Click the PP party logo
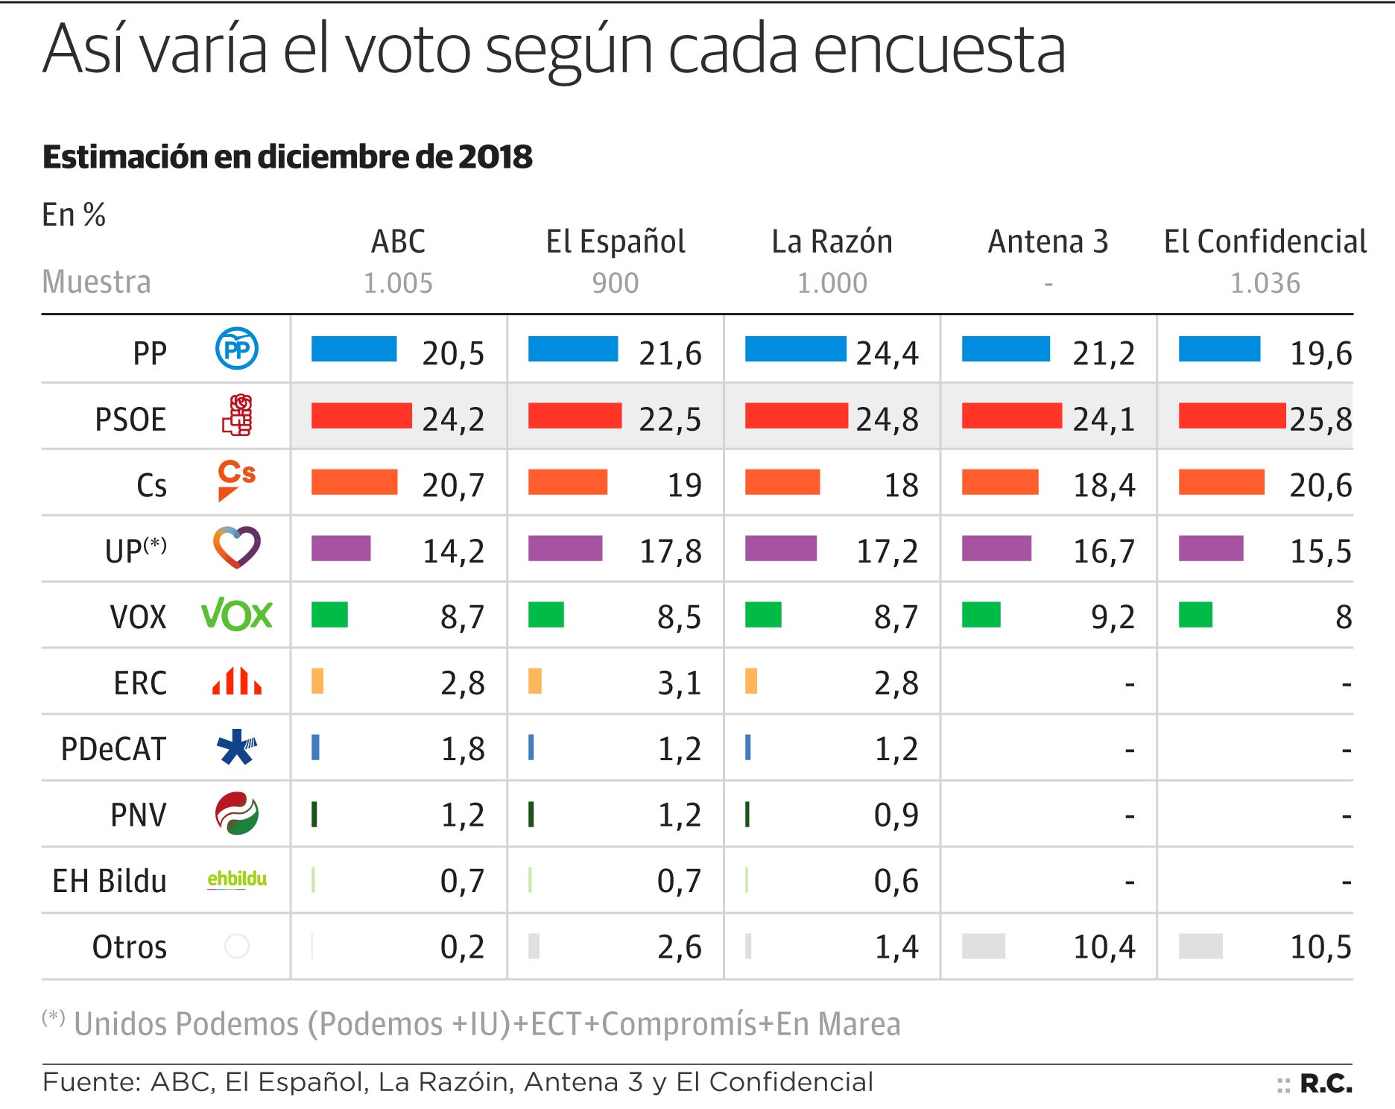[x=236, y=349]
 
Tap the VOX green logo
[x=236, y=615]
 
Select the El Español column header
[x=616, y=242]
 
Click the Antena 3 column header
[x=1048, y=242]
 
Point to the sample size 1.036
[x=1265, y=283]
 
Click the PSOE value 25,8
[x=1320, y=420]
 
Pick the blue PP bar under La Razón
[x=795, y=349]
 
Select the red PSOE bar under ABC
[x=361, y=415]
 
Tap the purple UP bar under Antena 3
[x=996, y=548]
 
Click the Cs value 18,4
[x=1104, y=486]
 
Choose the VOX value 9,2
[x=1113, y=618]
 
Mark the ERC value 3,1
[x=679, y=683]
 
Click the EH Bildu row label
[x=110, y=882]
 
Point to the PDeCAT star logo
[x=236, y=747]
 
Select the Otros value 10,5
[x=1320, y=947]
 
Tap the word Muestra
[x=96, y=282]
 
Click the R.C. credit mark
[x=1326, y=1084]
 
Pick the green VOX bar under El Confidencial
[x=1195, y=615]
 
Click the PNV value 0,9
[x=896, y=815]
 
